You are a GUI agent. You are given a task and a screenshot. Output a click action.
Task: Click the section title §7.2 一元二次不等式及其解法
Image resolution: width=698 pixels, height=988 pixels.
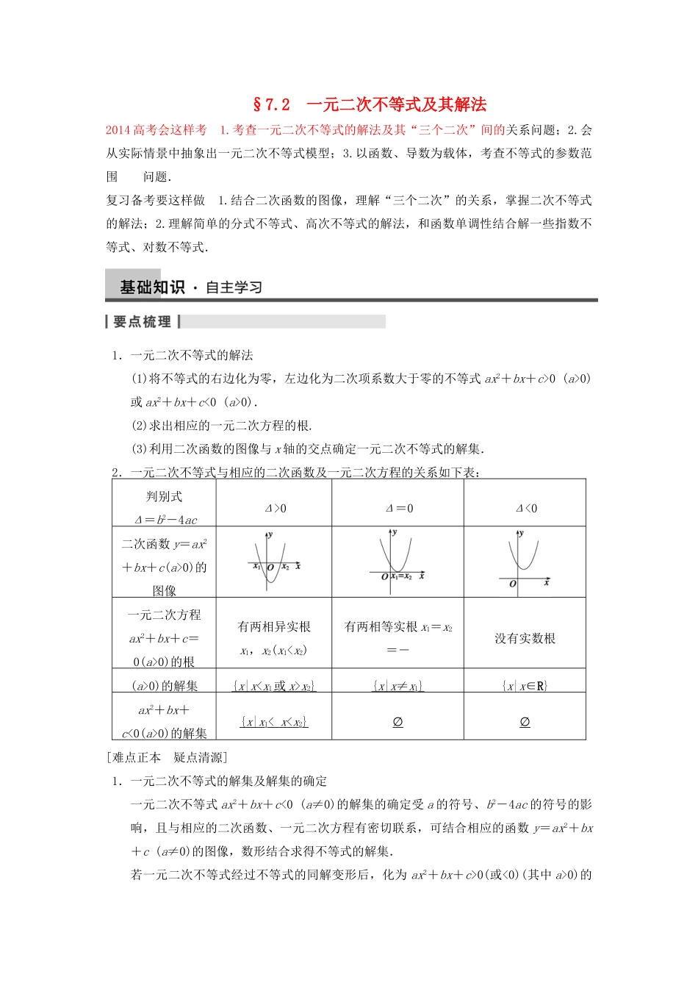[x=370, y=104]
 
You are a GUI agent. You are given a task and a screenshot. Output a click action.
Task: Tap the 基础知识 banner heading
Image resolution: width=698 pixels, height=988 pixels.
[x=152, y=287]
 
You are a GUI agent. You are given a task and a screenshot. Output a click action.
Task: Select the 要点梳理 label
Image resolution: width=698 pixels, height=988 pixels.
[x=143, y=322]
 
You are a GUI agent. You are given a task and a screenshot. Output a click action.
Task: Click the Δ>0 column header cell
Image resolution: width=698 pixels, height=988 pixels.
[x=275, y=508]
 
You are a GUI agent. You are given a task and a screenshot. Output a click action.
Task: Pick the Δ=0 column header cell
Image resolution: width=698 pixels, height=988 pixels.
[x=399, y=508]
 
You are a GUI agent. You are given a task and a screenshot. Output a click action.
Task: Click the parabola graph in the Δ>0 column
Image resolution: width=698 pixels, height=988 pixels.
[x=273, y=561]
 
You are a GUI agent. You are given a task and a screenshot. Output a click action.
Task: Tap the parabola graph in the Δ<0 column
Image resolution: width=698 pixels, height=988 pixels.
[x=524, y=559]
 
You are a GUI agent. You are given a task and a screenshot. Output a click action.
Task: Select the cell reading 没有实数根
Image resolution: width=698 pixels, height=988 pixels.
[x=525, y=638]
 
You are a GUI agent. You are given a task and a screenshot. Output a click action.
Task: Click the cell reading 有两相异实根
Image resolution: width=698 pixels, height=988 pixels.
[x=274, y=627]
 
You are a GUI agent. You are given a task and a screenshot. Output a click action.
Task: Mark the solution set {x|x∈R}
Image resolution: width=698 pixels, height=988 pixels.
[x=525, y=686]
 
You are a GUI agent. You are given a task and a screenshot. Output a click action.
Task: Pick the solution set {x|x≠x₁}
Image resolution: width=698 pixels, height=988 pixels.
[x=398, y=686]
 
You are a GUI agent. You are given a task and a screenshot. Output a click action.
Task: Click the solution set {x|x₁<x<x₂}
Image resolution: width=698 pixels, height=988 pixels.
[x=274, y=722]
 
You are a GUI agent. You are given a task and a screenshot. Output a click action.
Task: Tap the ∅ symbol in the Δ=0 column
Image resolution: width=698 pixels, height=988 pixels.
[x=398, y=722]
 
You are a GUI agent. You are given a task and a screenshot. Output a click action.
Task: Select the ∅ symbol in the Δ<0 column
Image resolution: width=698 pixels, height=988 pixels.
[x=525, y=722]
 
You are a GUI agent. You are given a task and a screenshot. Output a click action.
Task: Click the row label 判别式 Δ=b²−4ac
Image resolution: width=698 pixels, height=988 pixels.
[x=165, y=508]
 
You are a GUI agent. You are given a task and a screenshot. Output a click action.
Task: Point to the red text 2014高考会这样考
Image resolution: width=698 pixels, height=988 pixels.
[x=156, y=130]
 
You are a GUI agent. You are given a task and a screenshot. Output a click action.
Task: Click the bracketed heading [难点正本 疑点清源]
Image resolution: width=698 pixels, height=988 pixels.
[x=167, y=757]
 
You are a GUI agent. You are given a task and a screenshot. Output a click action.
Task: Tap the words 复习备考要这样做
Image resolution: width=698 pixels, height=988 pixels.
[x=156, y=201]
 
